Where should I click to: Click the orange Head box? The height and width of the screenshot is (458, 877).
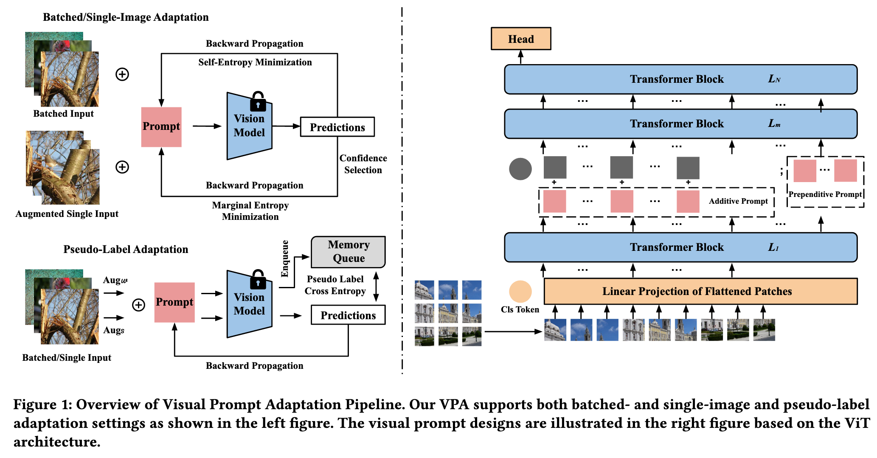tap(520, 39)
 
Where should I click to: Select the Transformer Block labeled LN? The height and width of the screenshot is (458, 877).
tap(680, 79)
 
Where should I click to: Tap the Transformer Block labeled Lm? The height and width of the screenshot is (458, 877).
tap(680, 124)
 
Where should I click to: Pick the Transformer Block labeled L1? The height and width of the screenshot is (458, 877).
tap(680, 247)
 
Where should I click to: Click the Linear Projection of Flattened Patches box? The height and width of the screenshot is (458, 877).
tap(700, 291)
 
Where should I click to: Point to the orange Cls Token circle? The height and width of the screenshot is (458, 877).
tap(520, 292)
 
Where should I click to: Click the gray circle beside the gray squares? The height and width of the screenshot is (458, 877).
tap(520, 169)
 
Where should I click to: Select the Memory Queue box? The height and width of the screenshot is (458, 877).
tap(348, 252)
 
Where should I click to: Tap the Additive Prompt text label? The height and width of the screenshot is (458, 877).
tap(738, 201)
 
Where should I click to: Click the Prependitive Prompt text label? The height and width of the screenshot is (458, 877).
tap(825, 194)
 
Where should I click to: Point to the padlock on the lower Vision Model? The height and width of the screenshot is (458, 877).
tap(258, 279)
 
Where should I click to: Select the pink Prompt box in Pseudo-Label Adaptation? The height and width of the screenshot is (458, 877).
tap(174, 302)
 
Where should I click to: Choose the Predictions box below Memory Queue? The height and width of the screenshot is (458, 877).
tap(348, 315)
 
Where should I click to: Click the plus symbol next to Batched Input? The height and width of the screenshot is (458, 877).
tap(122, 75)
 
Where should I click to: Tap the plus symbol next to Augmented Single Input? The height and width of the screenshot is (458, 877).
tap(122, 167)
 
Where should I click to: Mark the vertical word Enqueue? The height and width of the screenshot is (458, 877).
tap(285, 259)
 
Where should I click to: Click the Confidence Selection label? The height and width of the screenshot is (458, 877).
tap(363, 164)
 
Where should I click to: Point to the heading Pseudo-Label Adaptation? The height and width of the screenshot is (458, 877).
tap(126, 250)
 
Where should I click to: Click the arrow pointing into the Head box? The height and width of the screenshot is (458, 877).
tap(520, 57)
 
